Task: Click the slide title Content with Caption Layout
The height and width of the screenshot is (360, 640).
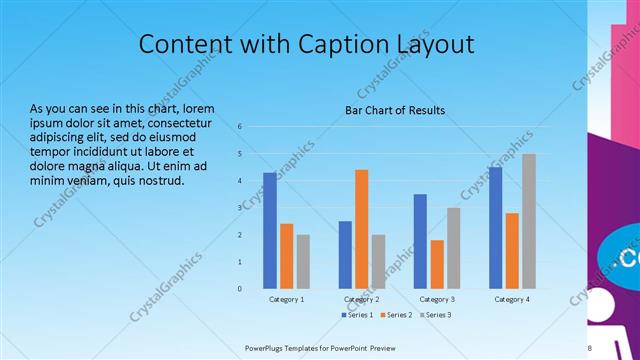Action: pyautogui.click(x=306, y=44)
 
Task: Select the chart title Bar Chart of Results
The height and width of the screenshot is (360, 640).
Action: pyautogui.click(x=395, y=110)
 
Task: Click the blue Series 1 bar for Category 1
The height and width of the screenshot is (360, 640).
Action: pyautogui.click(x=270, y=230)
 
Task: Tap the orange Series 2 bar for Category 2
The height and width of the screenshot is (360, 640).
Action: pyautogui.click(x=361, y=229)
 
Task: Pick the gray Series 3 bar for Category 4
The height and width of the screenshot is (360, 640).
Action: pyautogui.click(x=528, y=221)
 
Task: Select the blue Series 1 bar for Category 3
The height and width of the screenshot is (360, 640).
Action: pyautogui.click(x=420, y=241)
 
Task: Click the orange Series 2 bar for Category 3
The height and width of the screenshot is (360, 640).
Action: pyautogui.click(x=437, y=264)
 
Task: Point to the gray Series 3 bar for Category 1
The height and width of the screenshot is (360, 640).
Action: pyautogui.click(x=303, y=261)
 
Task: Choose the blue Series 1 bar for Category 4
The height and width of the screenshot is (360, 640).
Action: pyautogui.click(x=495, y=227)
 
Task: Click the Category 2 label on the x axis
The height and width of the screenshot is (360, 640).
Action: pyautogui.click(x=361, y=299)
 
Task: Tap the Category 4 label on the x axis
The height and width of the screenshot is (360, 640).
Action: pyautogui.click(x=511, y=299)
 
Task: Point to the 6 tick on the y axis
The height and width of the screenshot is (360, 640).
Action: pyautogui.click(x=240, y=127)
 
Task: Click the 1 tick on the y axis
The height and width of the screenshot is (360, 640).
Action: pyautogui.click(x=240, y=262)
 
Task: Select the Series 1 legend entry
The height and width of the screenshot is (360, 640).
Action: pyautogui.click(x=357, y=315)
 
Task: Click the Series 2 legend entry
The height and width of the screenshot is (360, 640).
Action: pyautogui.click(x=396, y=315)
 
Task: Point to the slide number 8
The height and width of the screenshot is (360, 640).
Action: pyautogui.click(x=590, y=348)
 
